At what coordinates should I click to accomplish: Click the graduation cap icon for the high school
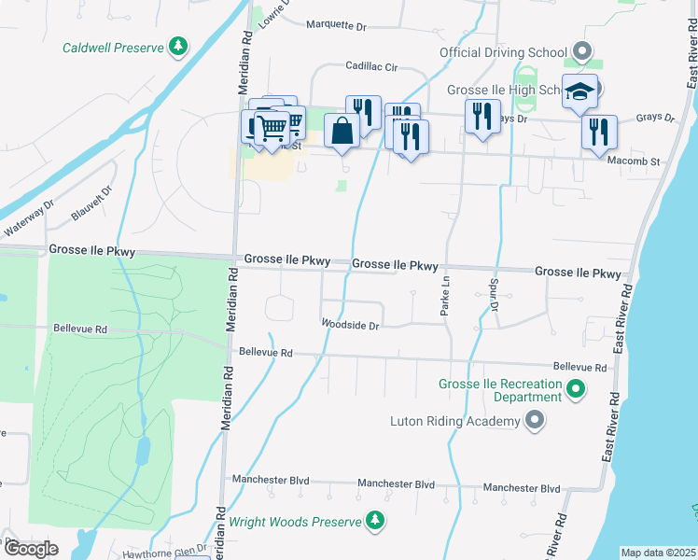point(579,91)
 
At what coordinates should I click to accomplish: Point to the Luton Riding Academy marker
point(535,422)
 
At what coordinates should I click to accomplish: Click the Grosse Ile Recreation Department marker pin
point(576,390)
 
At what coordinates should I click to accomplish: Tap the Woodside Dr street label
point(350,326)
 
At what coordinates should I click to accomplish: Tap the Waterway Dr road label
point(29,224)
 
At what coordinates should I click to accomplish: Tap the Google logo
point(31,549)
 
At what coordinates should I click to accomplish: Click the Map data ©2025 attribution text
point(658,553)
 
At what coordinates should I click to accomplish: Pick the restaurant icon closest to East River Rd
point(598,132)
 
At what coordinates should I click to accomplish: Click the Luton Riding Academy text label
point(454,422)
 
